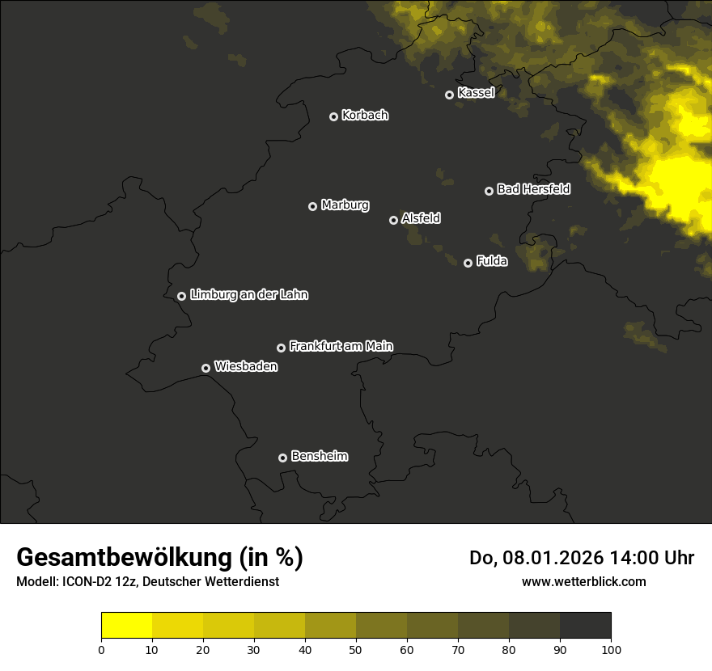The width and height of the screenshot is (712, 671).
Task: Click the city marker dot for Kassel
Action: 449,95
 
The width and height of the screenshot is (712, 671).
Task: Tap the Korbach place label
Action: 365,116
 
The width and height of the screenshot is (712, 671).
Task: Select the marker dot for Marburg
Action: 312,206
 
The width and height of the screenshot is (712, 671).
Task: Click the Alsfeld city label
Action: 421,218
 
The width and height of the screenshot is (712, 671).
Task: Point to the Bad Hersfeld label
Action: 533,189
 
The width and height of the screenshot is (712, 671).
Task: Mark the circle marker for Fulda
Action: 468,263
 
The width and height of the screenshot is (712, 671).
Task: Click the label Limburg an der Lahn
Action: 248,295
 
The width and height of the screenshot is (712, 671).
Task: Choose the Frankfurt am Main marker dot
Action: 281,348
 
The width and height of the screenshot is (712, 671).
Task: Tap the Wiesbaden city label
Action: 245,367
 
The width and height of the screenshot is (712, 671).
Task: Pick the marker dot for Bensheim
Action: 282,458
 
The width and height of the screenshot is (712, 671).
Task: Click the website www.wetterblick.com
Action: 583,581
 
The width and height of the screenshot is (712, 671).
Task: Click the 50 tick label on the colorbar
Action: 356,649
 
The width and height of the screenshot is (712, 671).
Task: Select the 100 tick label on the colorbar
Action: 611,649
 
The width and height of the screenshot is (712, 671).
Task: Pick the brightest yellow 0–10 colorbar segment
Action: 126,626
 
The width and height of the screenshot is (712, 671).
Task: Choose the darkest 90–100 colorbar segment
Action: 585,626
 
